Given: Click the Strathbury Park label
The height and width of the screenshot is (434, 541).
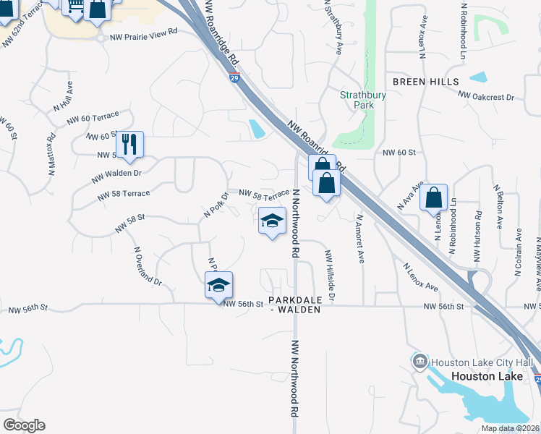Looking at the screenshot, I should click(x=357, y=99).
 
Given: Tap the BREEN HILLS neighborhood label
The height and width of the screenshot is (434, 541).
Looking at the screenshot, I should click(x=426, y=82).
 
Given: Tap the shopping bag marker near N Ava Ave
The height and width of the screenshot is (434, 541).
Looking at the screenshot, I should click(x=433, y=197).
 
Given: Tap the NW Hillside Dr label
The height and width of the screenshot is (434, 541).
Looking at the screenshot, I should click(x=330, y=276).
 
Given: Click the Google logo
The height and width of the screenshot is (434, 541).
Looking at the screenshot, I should click(x=24, y=425).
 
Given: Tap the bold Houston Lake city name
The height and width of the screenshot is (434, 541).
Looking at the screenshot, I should click(x=482, y=376).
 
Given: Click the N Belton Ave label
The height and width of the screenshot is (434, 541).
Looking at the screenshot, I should click(x=498, y=205).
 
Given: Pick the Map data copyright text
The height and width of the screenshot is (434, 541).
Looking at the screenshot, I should click(x=509, y=428).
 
